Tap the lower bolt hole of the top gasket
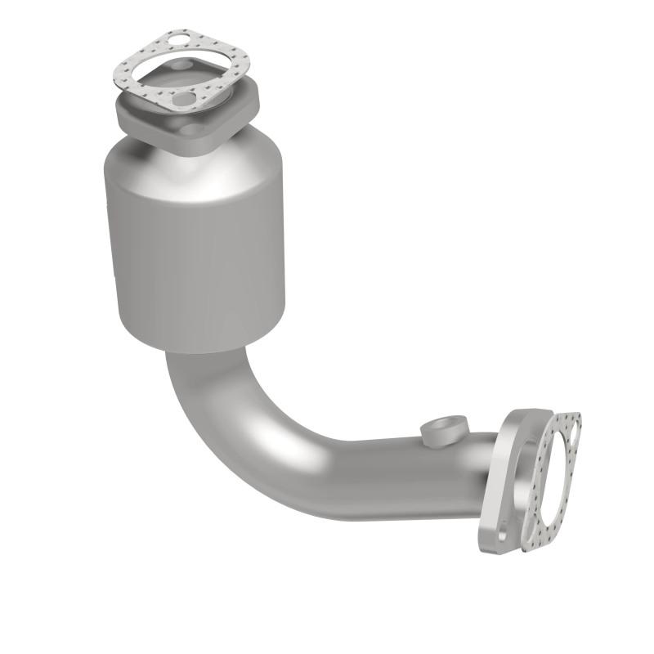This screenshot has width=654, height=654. tap(186, 99)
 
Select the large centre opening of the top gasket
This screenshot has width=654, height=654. tap(181, 72)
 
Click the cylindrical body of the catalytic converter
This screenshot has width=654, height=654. tap(196, 245)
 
